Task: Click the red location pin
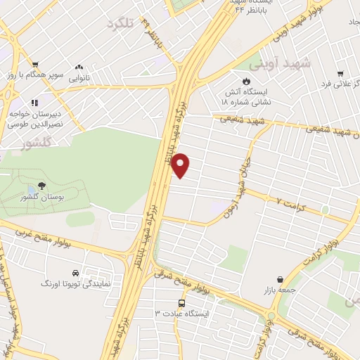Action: coord(181,165)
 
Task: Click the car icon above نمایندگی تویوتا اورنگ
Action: coord(75,273)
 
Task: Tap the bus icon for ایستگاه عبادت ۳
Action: coord(182,304)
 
